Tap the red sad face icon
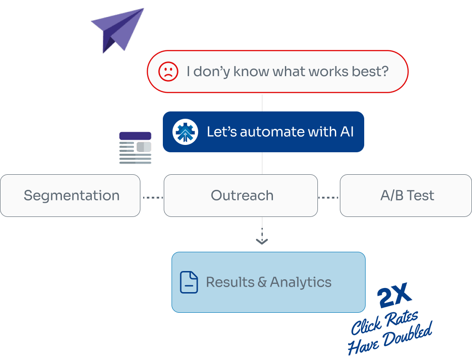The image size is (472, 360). [168, 72]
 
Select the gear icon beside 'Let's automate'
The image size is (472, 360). [185, 132]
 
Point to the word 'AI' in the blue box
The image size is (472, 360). [346, 132]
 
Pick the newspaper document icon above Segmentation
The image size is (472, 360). [134, 147]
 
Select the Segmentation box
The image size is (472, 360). [70, 195]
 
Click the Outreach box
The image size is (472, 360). [241, 195]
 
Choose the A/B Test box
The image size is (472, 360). [406, 195]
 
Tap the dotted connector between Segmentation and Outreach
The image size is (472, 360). [152, 198]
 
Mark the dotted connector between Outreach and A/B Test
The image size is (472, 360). [328, 198]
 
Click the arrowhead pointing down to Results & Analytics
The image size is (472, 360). [262, 241]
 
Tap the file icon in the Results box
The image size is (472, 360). [189, 282]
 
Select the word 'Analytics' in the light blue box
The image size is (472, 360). [300, 282]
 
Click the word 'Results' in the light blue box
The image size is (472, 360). [230, 282]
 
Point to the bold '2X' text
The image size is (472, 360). [394, 298]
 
